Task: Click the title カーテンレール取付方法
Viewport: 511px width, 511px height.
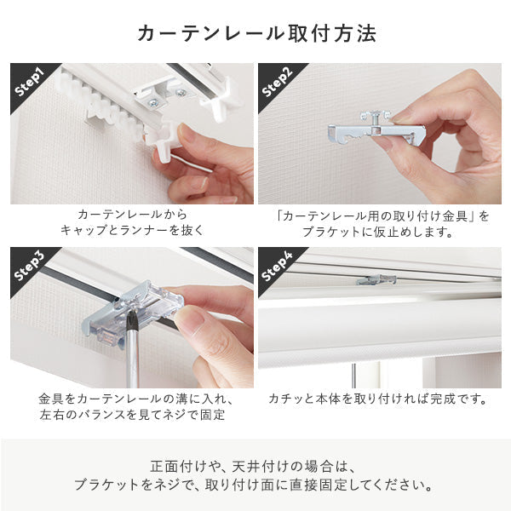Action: (x=255, y=34)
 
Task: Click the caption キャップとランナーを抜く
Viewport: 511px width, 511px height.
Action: (x=132, y=231)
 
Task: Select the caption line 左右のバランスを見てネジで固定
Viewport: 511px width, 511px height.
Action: (x=132, y=415)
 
